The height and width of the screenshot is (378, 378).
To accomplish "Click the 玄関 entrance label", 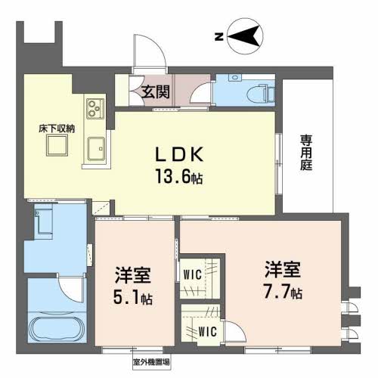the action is click(155, 92).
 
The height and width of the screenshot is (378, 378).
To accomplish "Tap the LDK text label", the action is click(179, 154).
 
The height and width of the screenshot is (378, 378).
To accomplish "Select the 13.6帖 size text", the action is click(179, 176).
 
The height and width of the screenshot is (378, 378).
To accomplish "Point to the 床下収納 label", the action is click(57, 129).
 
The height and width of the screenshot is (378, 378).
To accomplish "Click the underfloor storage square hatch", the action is click(57, 145).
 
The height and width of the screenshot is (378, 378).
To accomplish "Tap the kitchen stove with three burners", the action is click(95, 109).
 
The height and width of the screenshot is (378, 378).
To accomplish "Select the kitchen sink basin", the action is click(96, 149).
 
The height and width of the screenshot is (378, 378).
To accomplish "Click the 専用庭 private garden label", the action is click(306, 153).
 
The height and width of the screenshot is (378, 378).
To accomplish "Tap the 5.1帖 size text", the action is click(133, 299).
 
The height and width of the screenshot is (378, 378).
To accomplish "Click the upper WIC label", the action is click(193, 274).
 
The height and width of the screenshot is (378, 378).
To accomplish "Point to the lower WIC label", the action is click(208, 332).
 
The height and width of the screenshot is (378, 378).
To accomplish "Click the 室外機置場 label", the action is click(151, 363).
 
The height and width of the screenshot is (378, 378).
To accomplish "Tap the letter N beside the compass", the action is click(219, 37).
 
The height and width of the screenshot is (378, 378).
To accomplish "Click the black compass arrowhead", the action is click(243, 36).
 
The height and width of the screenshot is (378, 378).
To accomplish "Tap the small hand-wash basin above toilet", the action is click(235, 77).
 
